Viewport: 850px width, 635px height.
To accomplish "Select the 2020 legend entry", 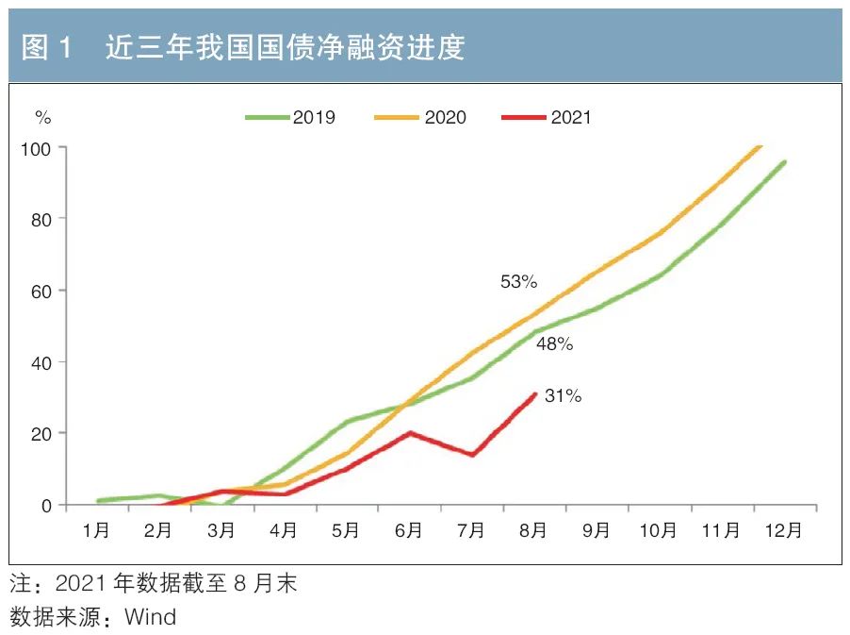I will [422, 118].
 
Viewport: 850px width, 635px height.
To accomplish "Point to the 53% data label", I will [518, 281].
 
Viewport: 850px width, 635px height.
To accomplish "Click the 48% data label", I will [554, 344].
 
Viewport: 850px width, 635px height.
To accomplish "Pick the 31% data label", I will [563, 396].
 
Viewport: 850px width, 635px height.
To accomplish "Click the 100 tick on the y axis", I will [39, 148].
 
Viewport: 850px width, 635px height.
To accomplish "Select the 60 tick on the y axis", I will [42, 291].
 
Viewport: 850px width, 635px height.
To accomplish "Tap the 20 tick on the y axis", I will [42, 434].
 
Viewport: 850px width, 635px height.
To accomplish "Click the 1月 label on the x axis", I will [96, 531].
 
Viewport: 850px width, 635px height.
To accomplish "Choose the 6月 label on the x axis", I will [408, 531].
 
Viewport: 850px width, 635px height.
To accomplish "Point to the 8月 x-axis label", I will [533, 531].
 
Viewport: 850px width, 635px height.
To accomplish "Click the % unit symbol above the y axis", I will [43, 118].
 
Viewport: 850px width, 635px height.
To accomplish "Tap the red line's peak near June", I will [410, 432].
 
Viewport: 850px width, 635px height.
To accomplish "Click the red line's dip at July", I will [471, 455].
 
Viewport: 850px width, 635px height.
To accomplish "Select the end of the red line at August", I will [535, 394].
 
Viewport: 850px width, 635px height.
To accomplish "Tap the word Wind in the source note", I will [151, 618].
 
